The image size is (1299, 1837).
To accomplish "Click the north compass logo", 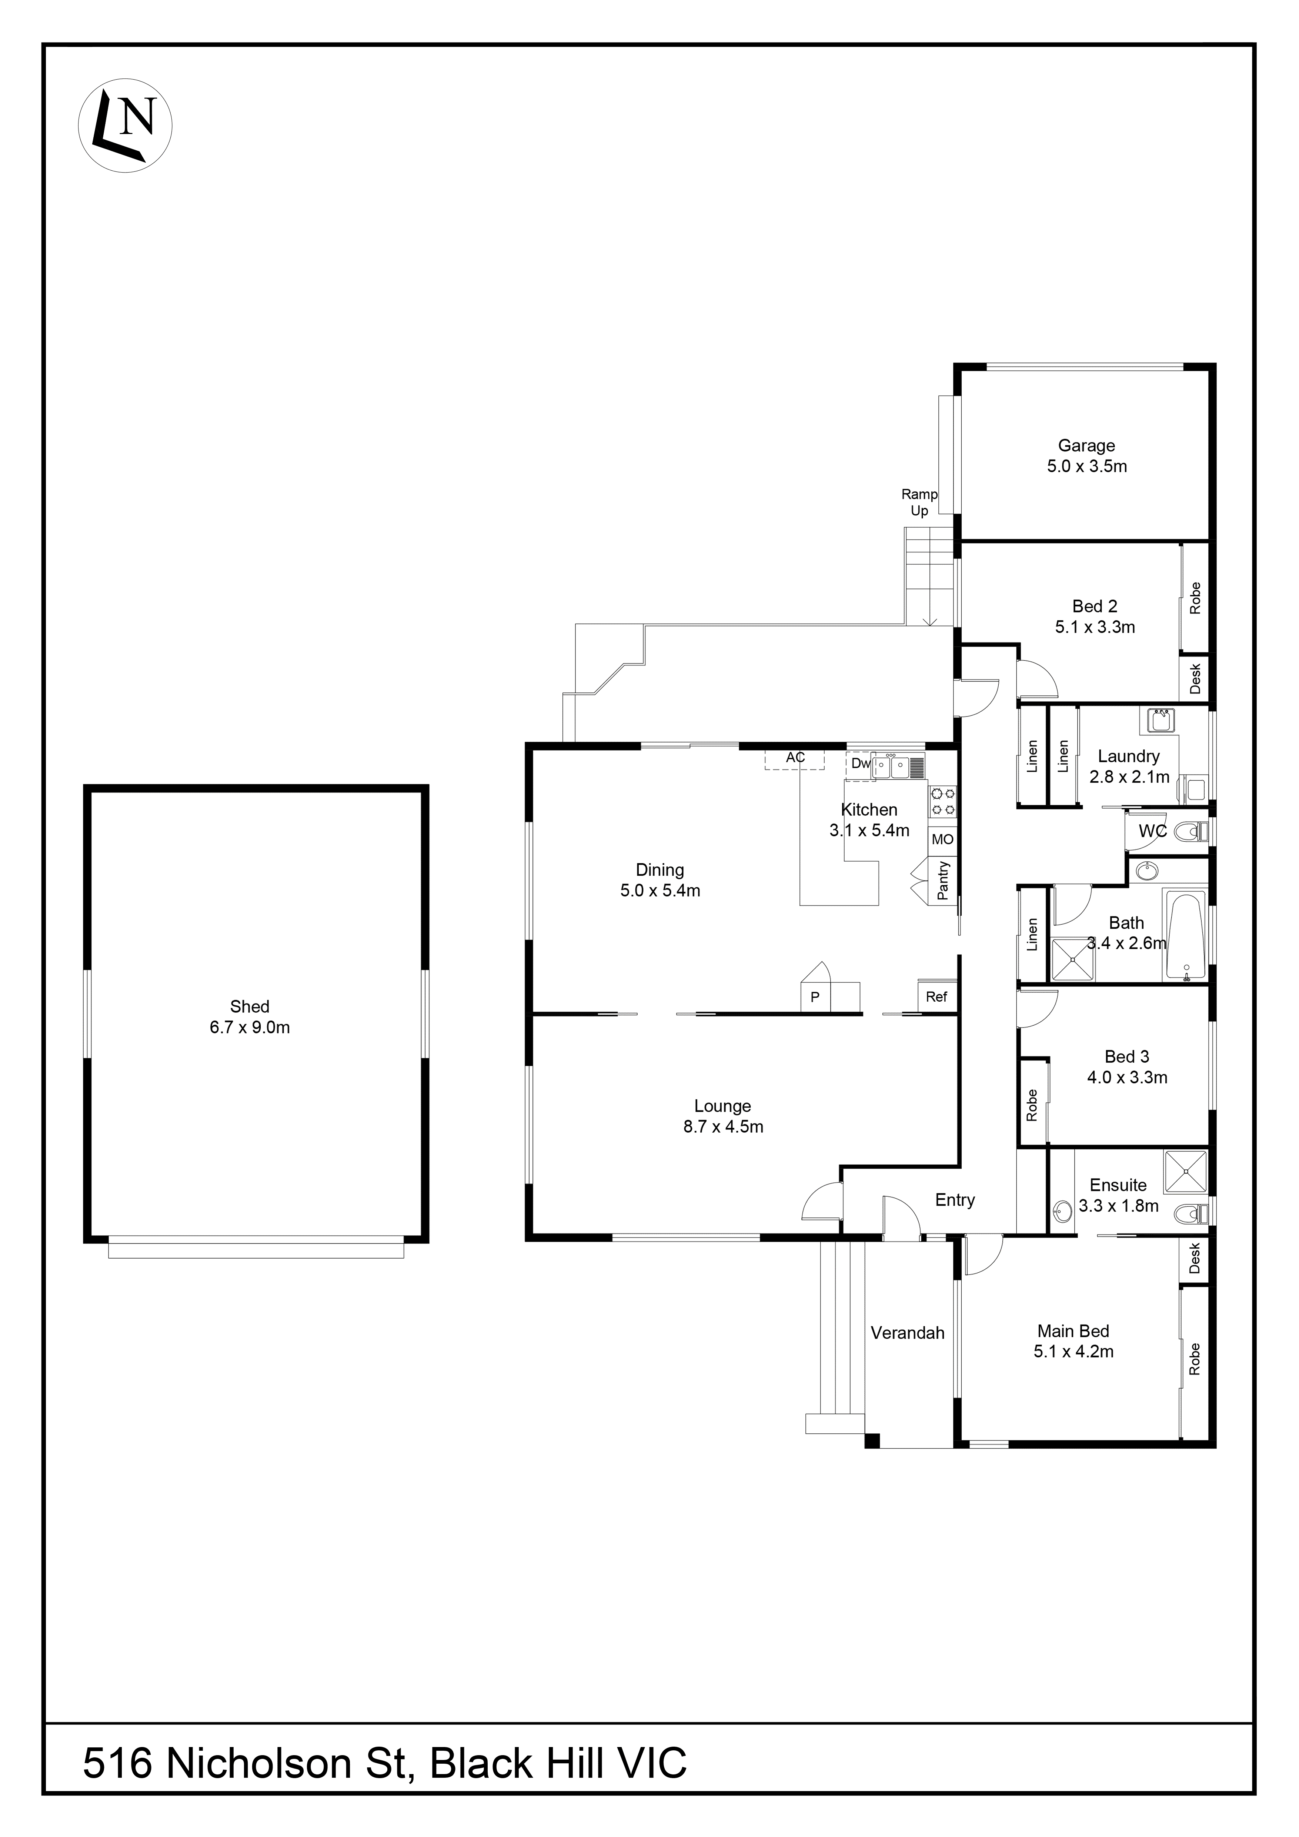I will point(125,126).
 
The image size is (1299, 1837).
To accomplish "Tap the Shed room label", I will point(250,1006).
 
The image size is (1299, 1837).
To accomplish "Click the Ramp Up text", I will point(919,502).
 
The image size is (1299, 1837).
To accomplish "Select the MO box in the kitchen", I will point(942,839).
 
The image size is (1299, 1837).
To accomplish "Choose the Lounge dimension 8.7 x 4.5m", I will point(722,1126).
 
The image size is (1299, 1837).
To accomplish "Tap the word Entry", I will point(954,1200).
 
